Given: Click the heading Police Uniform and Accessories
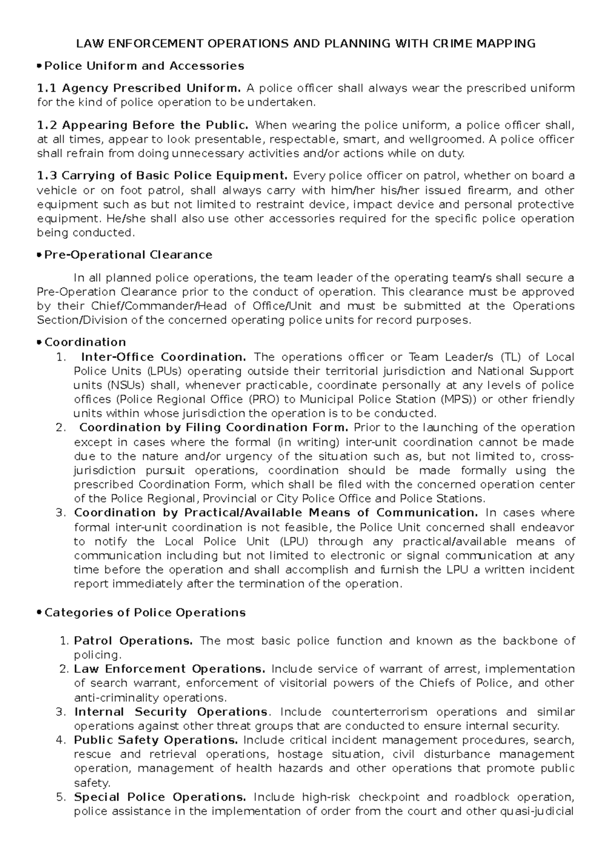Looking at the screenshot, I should coord(144,66).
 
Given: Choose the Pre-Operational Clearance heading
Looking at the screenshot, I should coord(129,254).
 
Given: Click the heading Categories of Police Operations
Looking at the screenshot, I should coord(145,613).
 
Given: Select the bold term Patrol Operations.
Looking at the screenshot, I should coord(134,641).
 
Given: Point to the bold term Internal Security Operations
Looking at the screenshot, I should coord(171,711).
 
